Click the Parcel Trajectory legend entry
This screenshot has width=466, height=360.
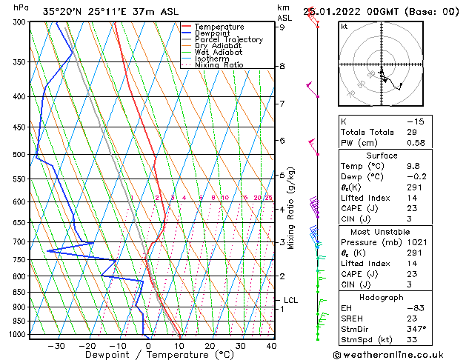(x=228, y=39)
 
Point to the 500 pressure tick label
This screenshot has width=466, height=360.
(x=19, y=155)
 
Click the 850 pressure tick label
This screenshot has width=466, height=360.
(x=19, y=293)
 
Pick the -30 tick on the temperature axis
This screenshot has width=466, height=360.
(x=56, y=345)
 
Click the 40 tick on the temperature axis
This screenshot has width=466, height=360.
(x=271, y=345)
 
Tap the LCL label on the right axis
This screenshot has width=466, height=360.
(x=291, y=300)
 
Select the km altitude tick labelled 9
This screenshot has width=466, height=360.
(x=282, y=27)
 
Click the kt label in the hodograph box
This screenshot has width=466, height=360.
(x=344, y=26)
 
